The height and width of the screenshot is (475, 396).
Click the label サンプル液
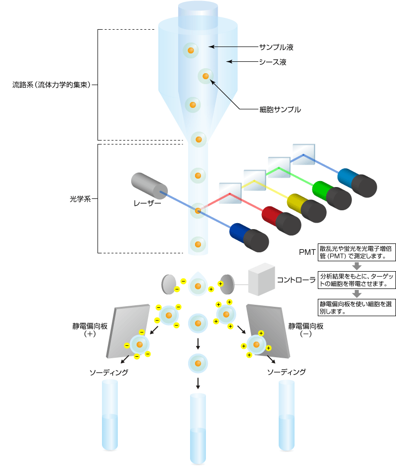[277, 47]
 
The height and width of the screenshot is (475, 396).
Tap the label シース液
[273, 62]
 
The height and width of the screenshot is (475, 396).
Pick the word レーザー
[147, 202]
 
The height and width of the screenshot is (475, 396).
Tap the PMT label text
[307, 252]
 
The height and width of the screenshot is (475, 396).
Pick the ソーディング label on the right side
[286, 372]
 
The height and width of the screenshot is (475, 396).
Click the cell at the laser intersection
[198, 211]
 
